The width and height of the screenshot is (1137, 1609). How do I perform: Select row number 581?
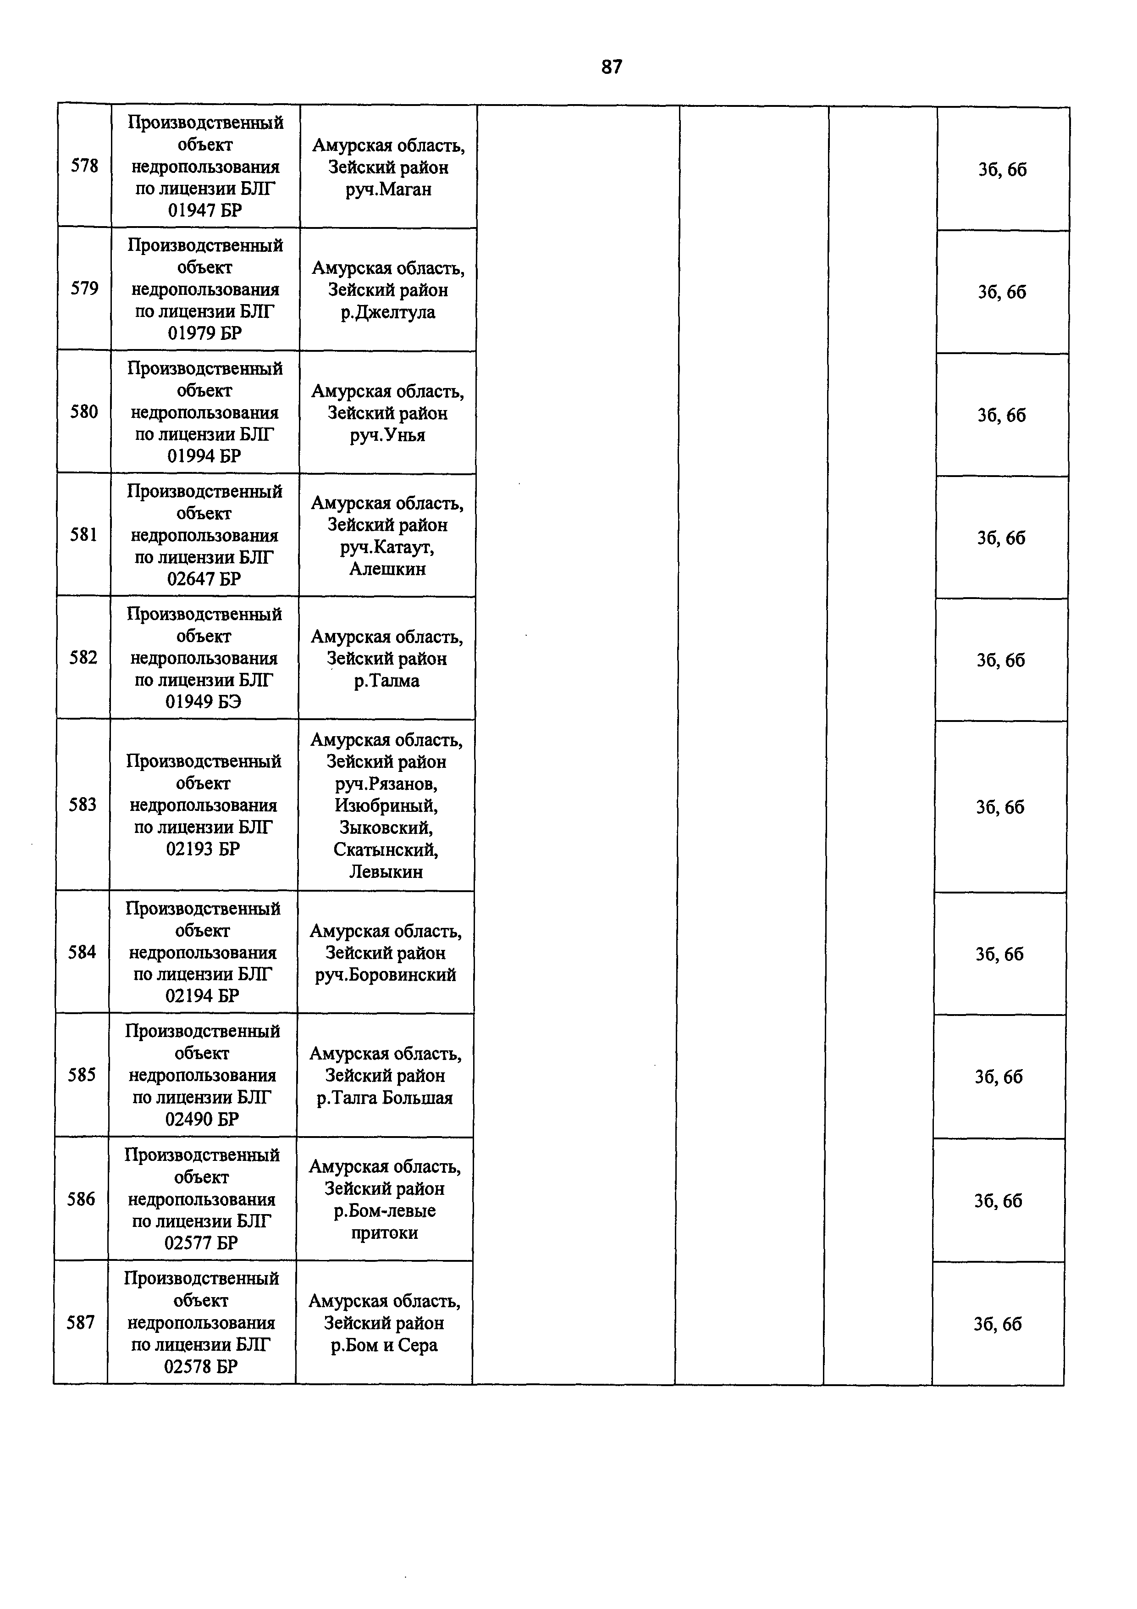pyautogui.click(x=83, y=535)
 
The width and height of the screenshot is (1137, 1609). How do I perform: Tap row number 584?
pyautogui.click(x=82, y=952)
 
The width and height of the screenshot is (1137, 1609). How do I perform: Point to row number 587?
pyautogui.click(x=81, y=1322)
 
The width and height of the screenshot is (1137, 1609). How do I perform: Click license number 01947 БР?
pyautogui.click(x=204, y=210)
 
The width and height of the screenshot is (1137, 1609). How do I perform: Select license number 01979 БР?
pyautogui.click(x=204, y=333)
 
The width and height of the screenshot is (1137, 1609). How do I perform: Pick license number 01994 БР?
pyautogui.click(x=204, y=456)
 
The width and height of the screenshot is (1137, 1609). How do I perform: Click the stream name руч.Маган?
pyautogui.click(x=388, y=190)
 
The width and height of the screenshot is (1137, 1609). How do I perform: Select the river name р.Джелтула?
pyautogui.click(x=388, y=312)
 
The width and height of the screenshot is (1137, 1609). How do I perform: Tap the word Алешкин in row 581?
pyautogui.click(x=387, y=569)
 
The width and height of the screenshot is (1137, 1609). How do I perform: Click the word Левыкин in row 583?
pyautogui.click(x=386, y=872)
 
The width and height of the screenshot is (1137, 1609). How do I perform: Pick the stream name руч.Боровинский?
pyautogui.click(x=385, y=975)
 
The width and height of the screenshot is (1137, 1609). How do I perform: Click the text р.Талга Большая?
pyautogui.click(x=385, y=1098)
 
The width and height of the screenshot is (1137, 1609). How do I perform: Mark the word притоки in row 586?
pyautogui.click(x=384, y=1233)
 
